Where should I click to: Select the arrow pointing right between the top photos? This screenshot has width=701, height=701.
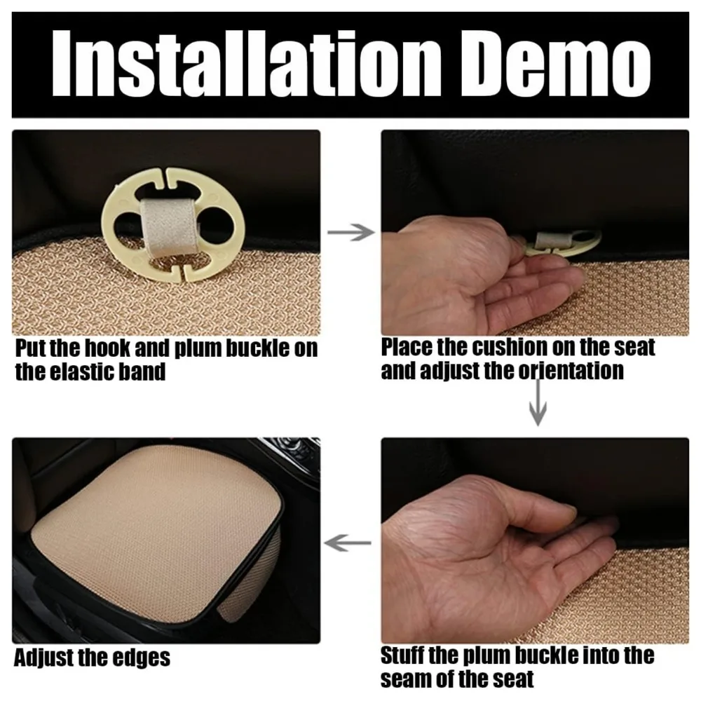(351, 232)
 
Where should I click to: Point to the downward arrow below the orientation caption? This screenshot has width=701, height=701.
(538, 403)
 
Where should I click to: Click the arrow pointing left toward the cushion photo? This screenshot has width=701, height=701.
(348, 543)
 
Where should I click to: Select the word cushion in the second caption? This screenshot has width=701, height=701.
(510, 348)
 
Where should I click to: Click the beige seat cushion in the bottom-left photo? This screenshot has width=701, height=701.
(154, 532)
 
